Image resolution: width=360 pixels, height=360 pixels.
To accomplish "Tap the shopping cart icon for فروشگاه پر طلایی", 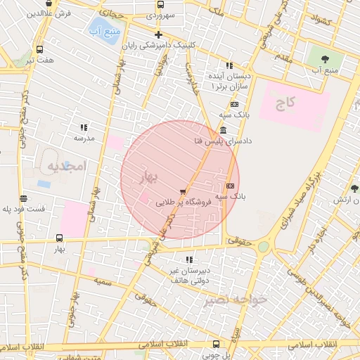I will (183, 191).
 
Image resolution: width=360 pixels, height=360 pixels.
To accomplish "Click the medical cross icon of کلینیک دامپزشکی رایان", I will (158, 34).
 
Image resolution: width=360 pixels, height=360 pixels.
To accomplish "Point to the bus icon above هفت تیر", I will (39, 50).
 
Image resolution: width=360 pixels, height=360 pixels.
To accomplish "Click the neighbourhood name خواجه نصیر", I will (236, 300).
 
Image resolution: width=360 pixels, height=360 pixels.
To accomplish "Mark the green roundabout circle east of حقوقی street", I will (263, 247).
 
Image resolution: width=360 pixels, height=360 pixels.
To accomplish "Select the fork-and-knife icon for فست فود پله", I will (24, 199).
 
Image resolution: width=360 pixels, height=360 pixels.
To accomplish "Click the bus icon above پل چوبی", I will (215, 344).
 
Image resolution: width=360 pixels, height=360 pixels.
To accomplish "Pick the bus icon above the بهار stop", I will (60, 238).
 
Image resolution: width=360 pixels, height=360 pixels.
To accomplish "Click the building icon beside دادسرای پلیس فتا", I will (223, 131).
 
